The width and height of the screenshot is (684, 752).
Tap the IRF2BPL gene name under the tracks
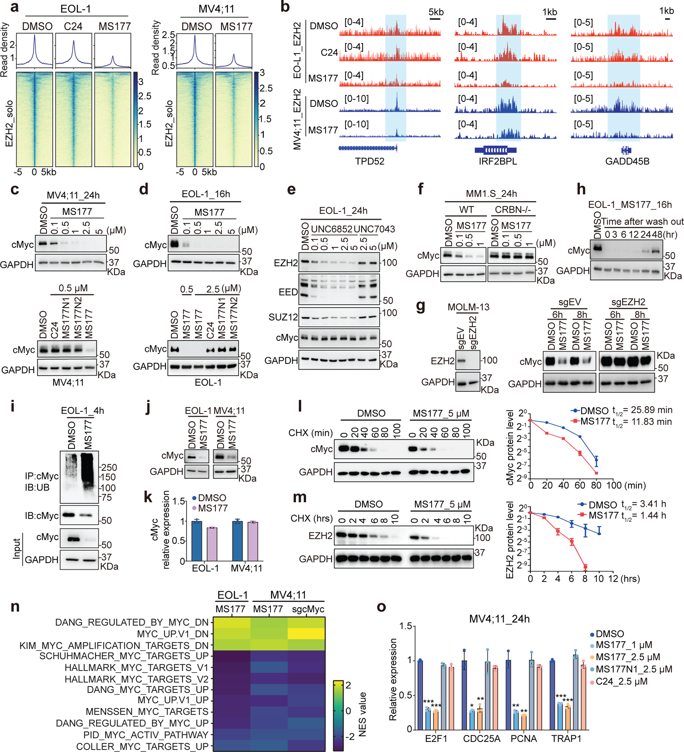[x=498, y=161]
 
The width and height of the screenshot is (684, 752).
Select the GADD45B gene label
[x=627, y=161]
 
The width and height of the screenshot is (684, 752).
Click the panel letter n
[x=15, y=606]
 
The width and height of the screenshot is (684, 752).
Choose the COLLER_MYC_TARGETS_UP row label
[x=142, y=747]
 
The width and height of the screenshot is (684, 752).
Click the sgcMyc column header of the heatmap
[x=308, y=609]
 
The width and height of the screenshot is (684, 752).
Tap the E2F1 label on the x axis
[x=436, y=738]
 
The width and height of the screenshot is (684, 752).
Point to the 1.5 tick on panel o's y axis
[x=404, y=626]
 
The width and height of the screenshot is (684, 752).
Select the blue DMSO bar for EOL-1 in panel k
[x=196, y=541]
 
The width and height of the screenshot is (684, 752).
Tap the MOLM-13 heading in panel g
[x=468, y=307]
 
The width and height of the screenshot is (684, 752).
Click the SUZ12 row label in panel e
[x=283, y=317]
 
